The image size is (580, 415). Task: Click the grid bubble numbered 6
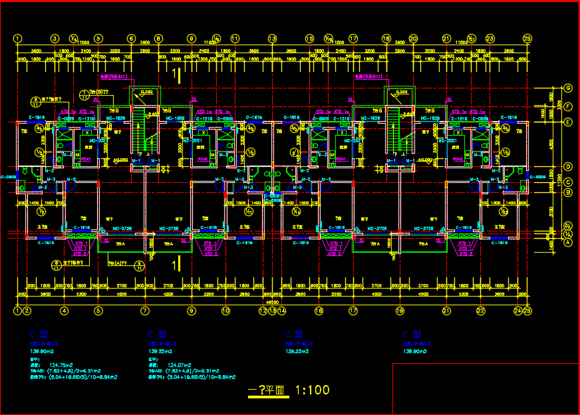(x=132, y=39)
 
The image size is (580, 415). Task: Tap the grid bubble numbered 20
(x=413, y=39)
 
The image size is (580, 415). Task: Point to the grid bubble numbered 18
(x=386, y=39)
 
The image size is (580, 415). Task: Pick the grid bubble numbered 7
(x=144, y=310)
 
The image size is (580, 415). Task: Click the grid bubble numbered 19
(x=400, y=310)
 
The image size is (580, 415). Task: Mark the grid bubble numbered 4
(x=64, y=310)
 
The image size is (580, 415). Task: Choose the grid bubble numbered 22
(x=480, y=310)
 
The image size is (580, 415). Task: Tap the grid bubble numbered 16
(x=319, y=310)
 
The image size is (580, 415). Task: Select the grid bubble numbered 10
(x=225, y=310)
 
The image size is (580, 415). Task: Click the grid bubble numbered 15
(x=309, y=39)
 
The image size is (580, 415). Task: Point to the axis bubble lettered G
(x=549, y=88)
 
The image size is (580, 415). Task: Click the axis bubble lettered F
(x=549, y=105)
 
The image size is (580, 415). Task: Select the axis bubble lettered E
(x=549, y=122)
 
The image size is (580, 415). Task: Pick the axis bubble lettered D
(x=549, y=166)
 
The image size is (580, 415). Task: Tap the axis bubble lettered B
(x=549, y=193)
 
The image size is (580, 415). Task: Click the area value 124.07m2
(x=180, y=364)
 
